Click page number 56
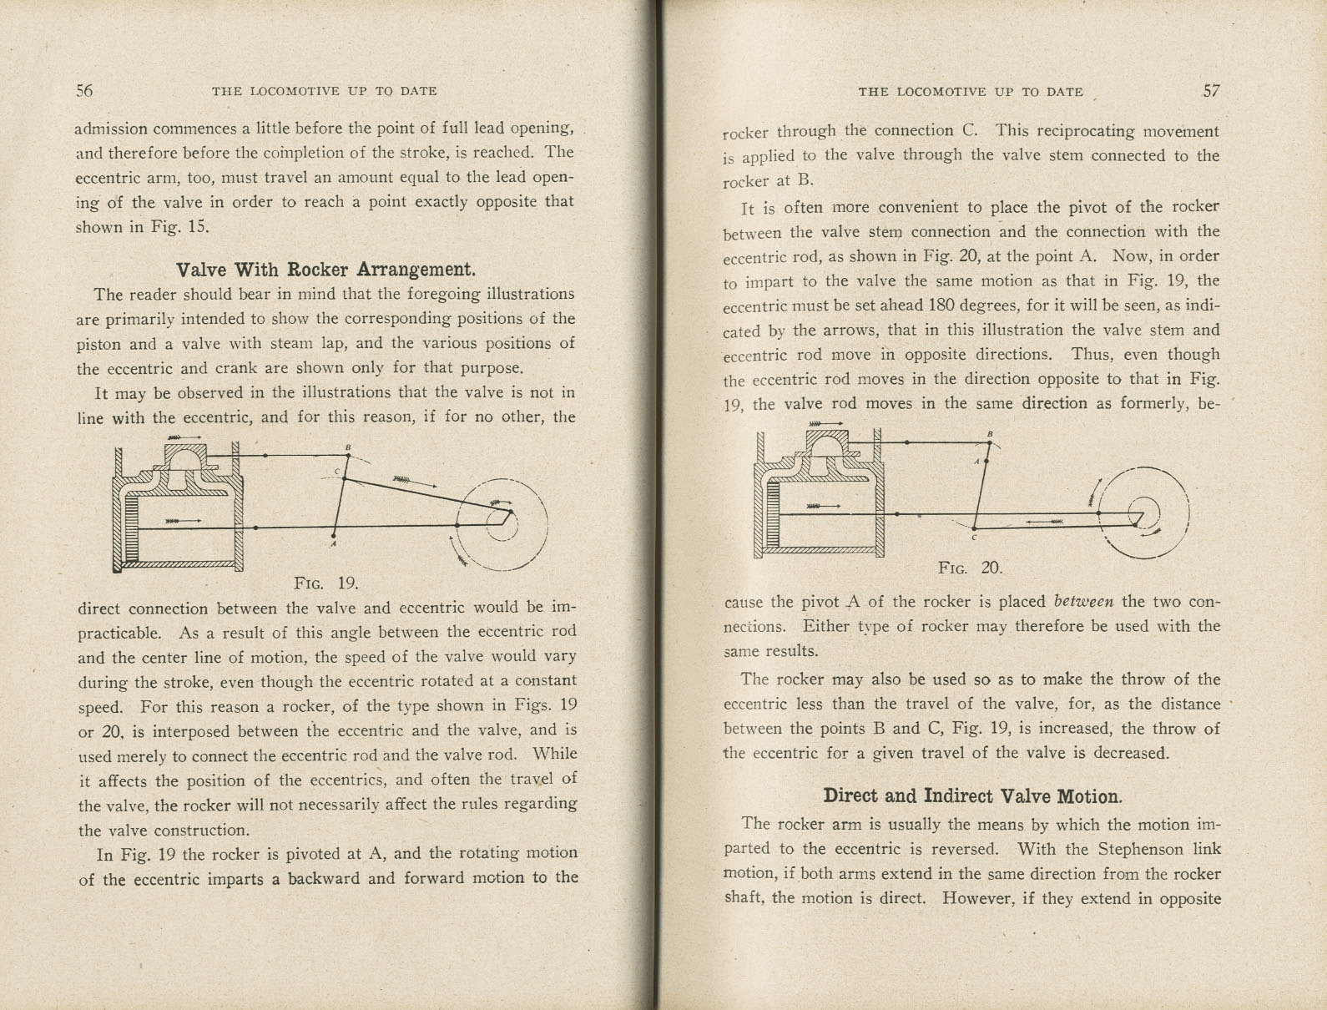(84, 91)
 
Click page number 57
(1211, 91)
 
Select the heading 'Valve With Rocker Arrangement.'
(325, 270)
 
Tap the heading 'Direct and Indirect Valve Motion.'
(972, 795)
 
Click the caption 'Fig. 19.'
(326, 583)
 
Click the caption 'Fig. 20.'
(970, 568)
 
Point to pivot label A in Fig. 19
(332, 545)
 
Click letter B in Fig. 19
(348, 447)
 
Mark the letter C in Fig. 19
(336, 472)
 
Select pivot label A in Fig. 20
(976, 462)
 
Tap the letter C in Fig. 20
(973, 538)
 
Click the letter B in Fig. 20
(990, 434)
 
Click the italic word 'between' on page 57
(1084, 601)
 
